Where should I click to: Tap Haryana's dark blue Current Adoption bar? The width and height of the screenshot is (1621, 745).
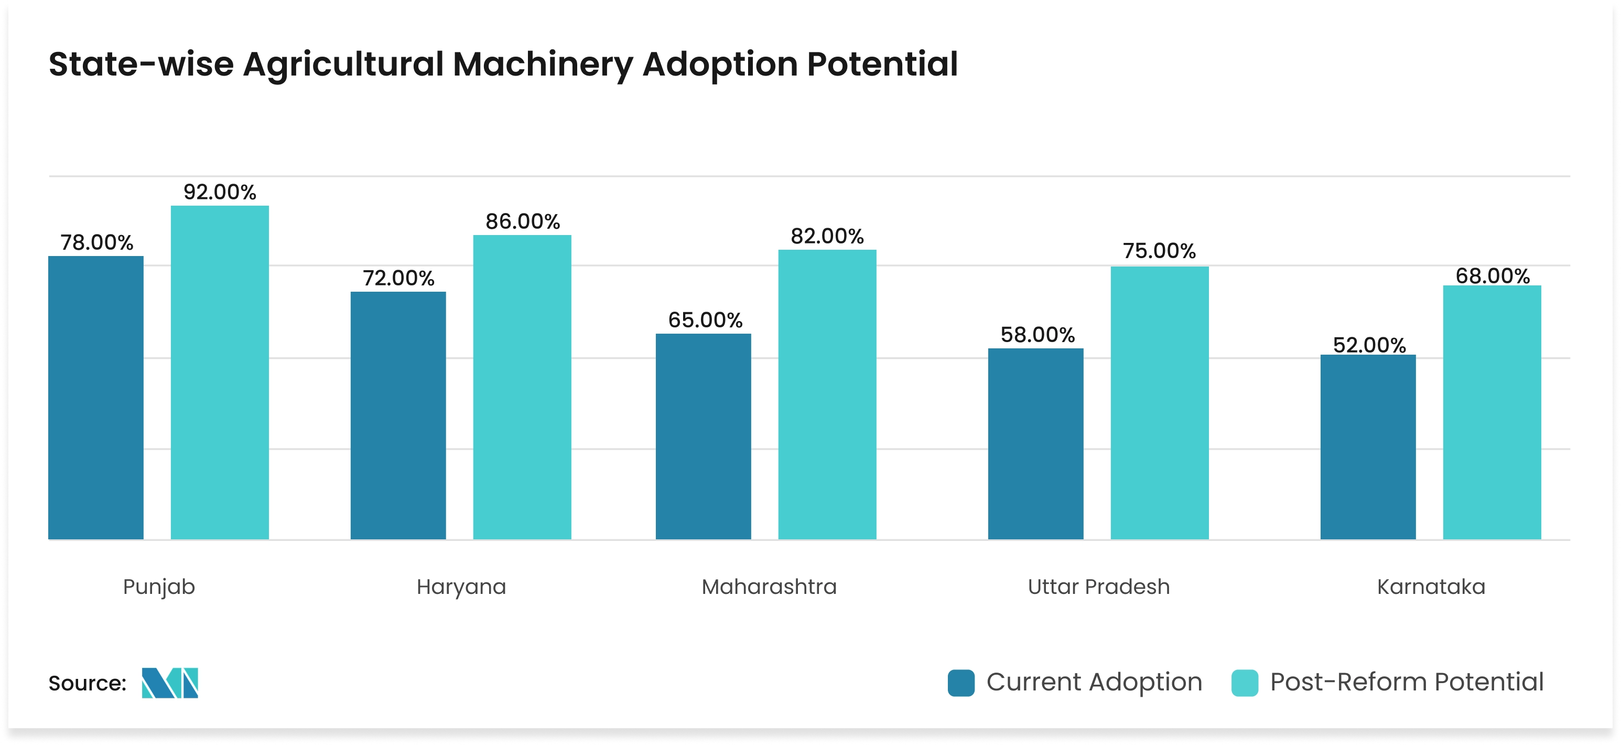pyautogui.click(x=398, y=415)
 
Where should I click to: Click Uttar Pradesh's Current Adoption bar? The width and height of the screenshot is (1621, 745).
pyautogui.click(x=1035, y=443)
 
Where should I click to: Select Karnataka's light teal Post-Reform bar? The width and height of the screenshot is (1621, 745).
pyautogui.click(x=1492, y=412)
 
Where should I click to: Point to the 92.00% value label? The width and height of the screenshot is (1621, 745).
pyautogui.click(x=220, y=192)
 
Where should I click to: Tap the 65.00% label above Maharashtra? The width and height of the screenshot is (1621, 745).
pyautogui.click(x=705, y=320)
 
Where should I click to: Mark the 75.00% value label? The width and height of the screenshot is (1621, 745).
pyautogui.click(x=1159, y=251)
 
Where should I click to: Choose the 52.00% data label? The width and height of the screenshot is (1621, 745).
pyautogui.click(x=1369, y=345)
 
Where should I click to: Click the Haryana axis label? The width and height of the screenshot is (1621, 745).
pyautogui.click(x=461, y=587)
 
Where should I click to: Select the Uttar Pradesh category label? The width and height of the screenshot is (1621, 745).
pyautogui.click(x=1098, y=587)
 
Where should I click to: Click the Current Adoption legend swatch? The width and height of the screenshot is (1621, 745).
pyautogui.click(x=961, y=683)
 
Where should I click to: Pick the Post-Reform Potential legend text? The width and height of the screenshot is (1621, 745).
pyautogui.click(x=1407, y=682)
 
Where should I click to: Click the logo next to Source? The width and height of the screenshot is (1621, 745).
pyautogui.click(x=170, y=683)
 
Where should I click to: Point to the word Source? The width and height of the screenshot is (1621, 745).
pyautogui.click(x=87, y=683)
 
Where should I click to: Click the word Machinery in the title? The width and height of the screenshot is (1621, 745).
pyautogui.click(x=543, y=65)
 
